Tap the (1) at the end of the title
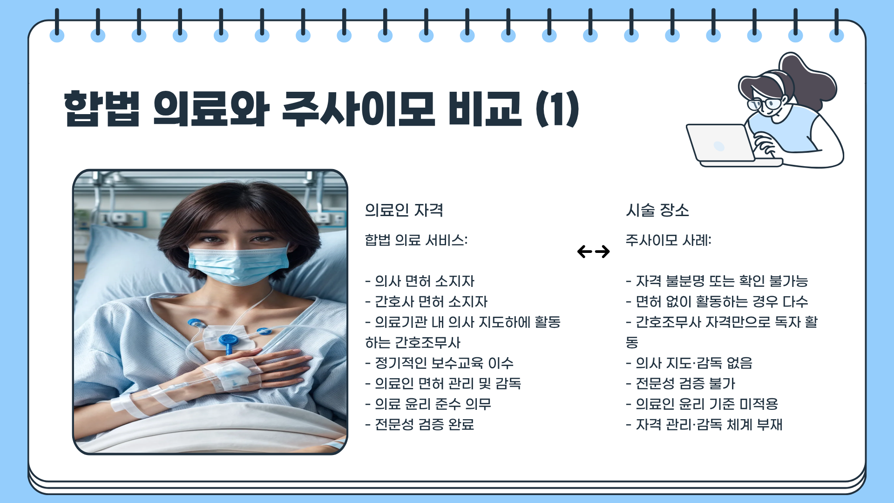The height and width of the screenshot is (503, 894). (557, 109)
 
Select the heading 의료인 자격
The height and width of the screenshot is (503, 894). (404, 211)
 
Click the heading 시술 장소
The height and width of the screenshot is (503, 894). (657, 211)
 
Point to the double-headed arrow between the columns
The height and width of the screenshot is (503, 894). (593, 252)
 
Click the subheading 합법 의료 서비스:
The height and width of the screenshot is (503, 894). (416, 240)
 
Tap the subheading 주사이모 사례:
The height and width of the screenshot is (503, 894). (668, 240)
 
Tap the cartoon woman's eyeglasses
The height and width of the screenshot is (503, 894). (766, 104)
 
